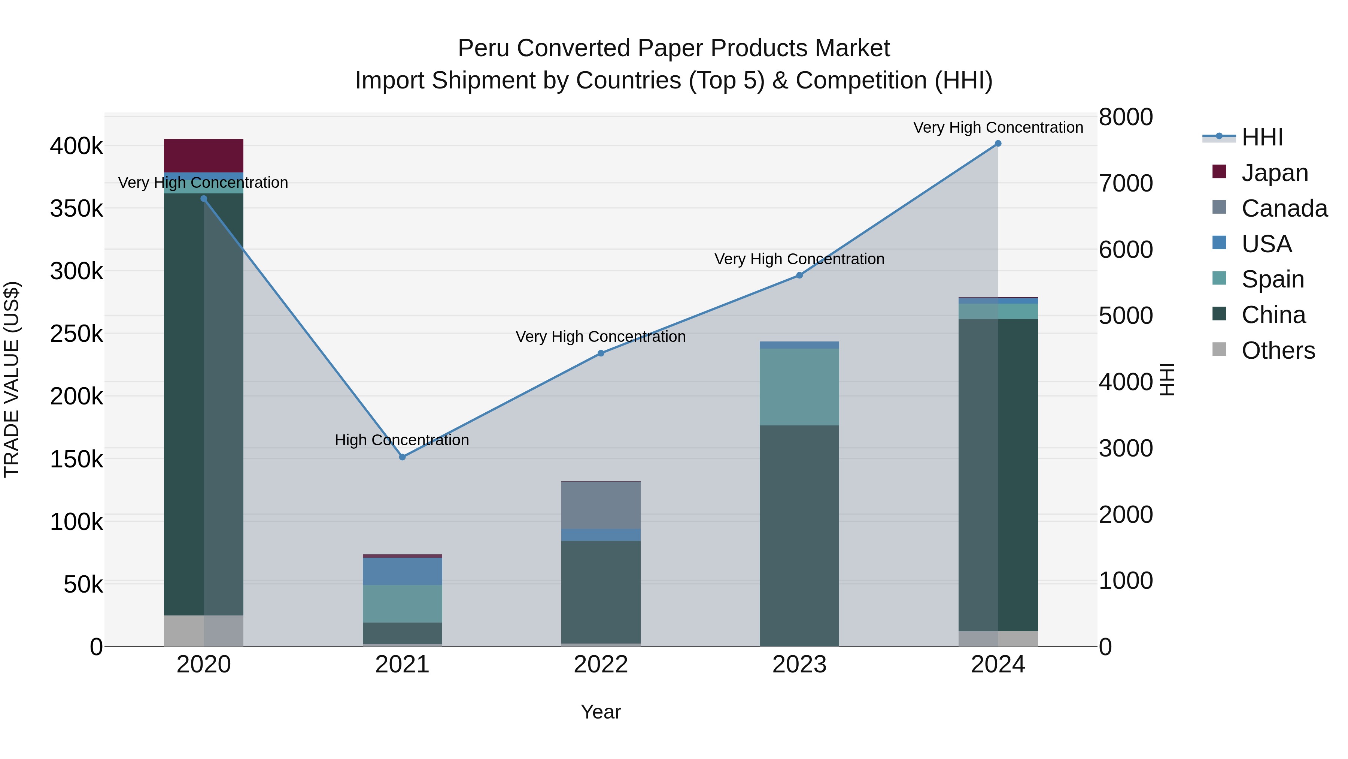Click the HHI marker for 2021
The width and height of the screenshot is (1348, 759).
(403, 457)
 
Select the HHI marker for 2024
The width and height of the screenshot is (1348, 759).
(998, 144)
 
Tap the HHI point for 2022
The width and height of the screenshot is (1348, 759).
(601, 353)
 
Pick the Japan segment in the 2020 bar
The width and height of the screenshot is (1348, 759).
(204, 156)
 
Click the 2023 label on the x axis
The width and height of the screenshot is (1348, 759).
(799, 665)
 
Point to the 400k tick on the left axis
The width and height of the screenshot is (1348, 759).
(76, 146)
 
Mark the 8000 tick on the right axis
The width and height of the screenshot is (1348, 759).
(1126, 117)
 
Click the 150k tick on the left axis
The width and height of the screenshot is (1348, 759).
(76, 460)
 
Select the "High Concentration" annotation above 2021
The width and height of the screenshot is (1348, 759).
(402, 440)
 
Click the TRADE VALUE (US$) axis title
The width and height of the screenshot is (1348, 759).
(12, 379)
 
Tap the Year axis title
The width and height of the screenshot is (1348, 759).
(601, 712)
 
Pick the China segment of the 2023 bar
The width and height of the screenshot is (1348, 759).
(799, 534)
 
